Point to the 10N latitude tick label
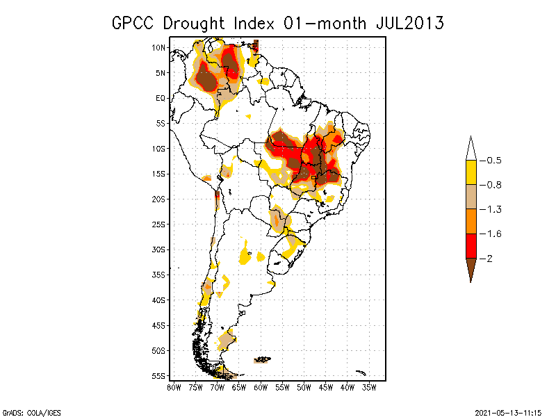[159, 47]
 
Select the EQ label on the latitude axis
[161, 98]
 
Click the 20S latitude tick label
[159, 199]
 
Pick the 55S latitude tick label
[159, 376]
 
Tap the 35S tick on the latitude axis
[159, 275]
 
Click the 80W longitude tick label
[173, 387]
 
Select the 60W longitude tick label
[261, 387]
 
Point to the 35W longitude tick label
[370, 387]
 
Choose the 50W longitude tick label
[304, 387]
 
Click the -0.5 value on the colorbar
[493, 161]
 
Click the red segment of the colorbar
[471, 246]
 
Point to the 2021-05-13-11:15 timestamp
[508, 412]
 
